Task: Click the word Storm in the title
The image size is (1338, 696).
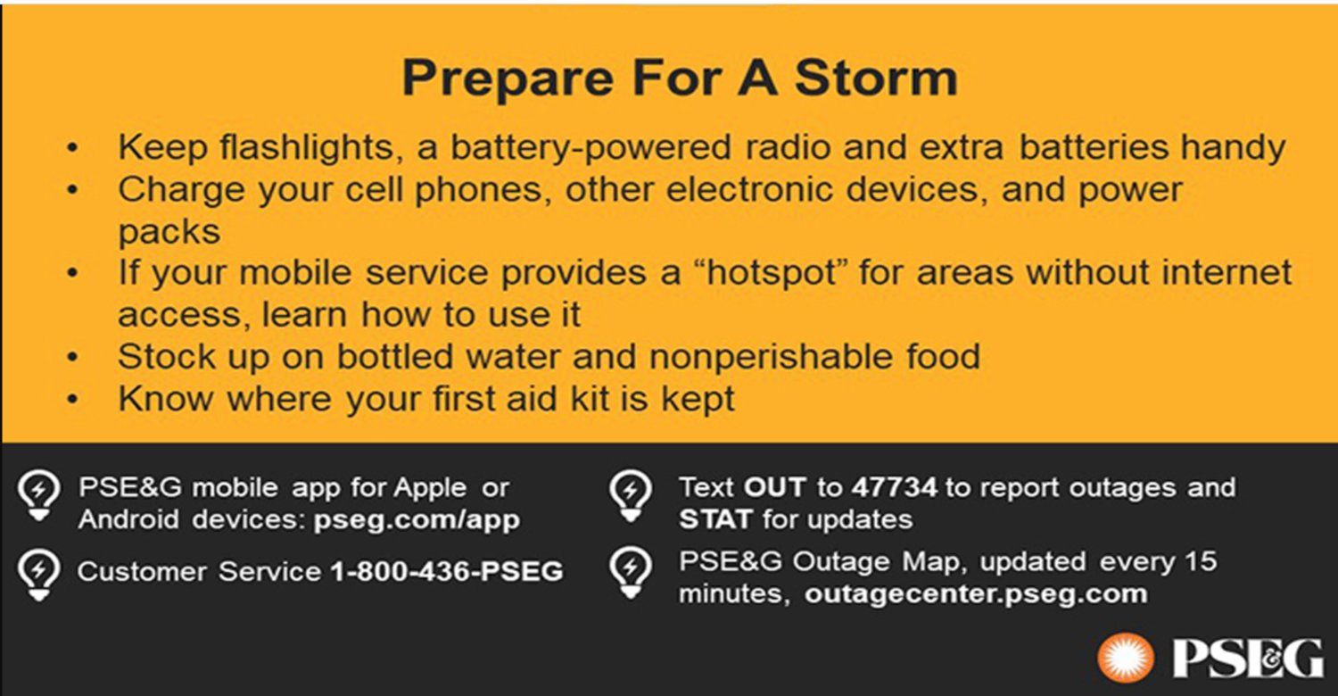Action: [x=876, y=78]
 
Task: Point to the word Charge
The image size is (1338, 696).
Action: [x=182, y=191]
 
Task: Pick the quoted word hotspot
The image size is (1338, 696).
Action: [x=772, y=274]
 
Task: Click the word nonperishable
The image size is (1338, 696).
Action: [x=771, y=358]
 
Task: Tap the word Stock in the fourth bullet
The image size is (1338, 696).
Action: [x=166, y=357]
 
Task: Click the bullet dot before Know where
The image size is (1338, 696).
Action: [x=72, y=399]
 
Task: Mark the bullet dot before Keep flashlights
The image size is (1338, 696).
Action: [x=72, y=147]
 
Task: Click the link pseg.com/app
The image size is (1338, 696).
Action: [x=417, y=520]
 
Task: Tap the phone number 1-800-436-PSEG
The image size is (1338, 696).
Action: [x=447, y=572]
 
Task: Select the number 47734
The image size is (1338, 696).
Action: [x=894, y=487]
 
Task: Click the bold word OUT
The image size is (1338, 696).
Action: [x=775, y=487]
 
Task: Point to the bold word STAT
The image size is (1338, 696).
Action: [x=715, y=519]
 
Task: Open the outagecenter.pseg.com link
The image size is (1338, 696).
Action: [x=976, y=594]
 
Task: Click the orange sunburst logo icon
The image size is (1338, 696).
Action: [x=1126, y=657]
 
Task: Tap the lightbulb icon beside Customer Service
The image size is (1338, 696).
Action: [x=39, y=575]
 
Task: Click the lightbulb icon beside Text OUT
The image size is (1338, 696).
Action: [x=631, y=495]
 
